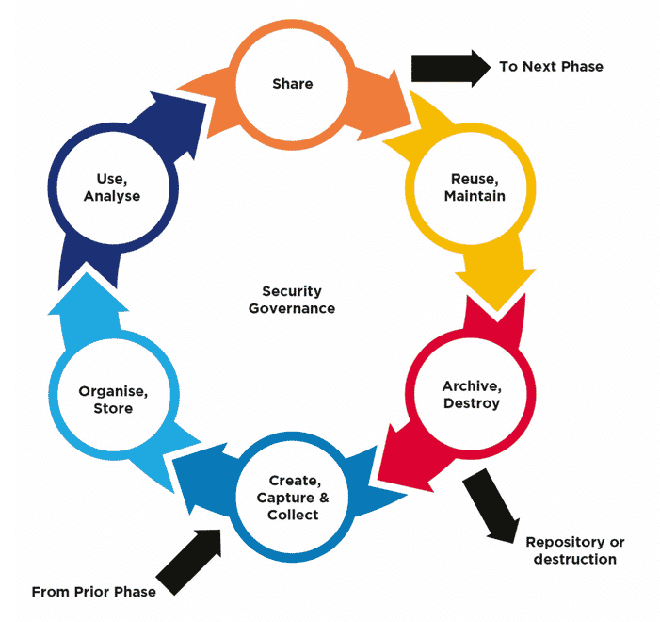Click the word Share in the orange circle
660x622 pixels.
tap(292, 84)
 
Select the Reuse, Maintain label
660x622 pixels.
tap(475, 187)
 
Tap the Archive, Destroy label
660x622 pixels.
tap(471, 394)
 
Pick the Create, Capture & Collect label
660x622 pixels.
tap(293, 497)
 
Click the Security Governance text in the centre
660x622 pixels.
tap(292, 300)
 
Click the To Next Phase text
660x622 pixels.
tap(551, 66)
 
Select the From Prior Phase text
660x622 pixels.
tap(94, 592)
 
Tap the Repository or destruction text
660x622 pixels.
tap(574, 550)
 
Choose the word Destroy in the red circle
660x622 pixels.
tap(471, 403)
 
